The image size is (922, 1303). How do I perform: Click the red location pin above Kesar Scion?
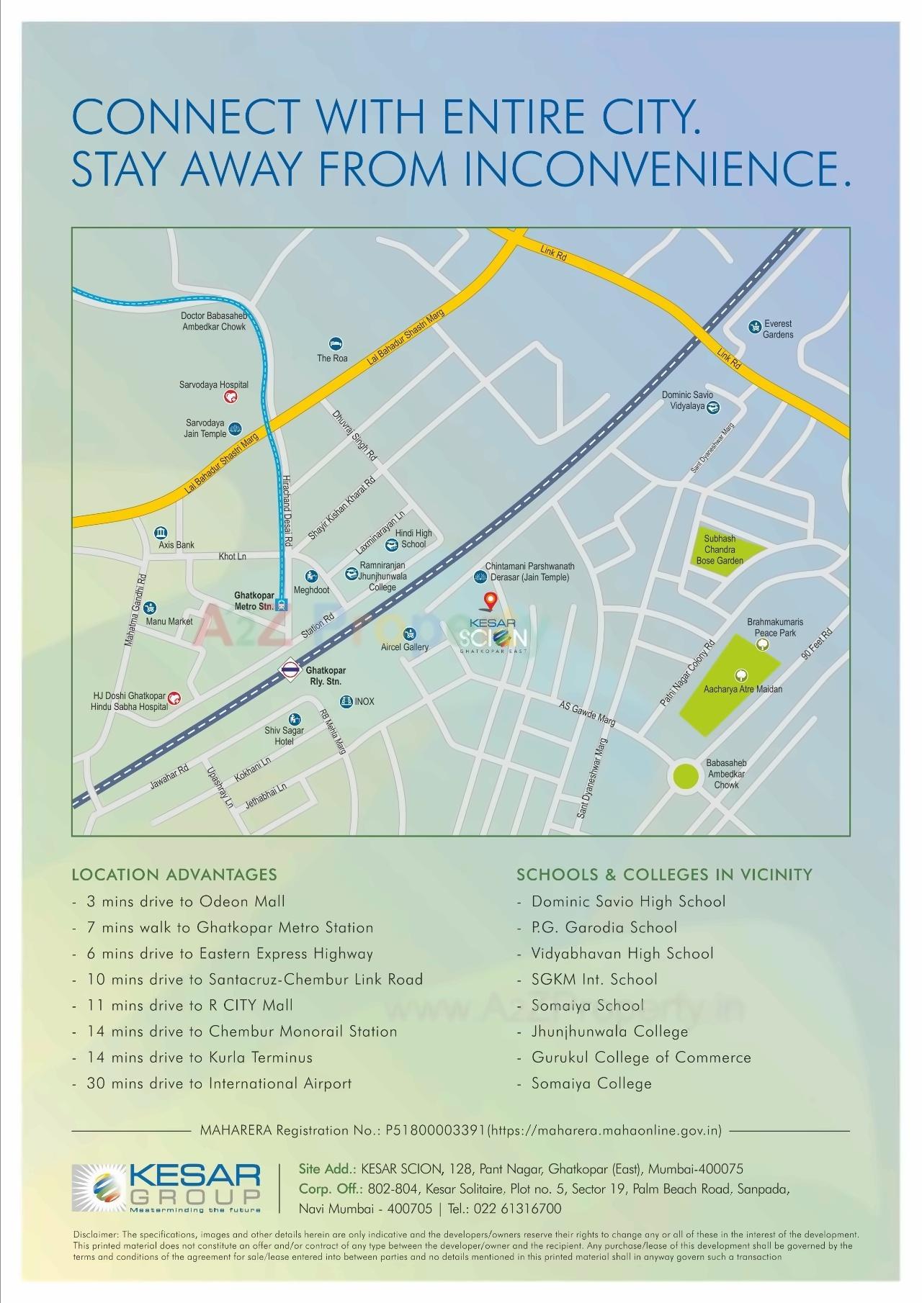[489, 599]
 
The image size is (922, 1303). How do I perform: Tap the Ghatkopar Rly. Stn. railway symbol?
[289, 669]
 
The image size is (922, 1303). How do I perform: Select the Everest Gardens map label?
[777, 329]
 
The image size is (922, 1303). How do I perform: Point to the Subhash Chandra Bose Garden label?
[720, 549]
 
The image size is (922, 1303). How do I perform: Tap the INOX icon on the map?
[346, 701]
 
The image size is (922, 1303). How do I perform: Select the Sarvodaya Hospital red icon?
[230, 397]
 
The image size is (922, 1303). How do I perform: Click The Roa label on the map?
[332, 358]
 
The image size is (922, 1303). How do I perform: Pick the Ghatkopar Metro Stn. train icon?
[283, 605]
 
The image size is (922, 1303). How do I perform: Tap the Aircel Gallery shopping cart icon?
[410, 634]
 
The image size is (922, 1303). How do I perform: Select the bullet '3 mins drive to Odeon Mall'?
[185, 901]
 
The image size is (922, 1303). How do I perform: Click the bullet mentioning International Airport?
[218, 1083]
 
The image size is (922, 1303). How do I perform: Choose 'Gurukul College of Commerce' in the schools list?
[640, 1058]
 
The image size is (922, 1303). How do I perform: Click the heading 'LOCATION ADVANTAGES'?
[174, 875]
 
